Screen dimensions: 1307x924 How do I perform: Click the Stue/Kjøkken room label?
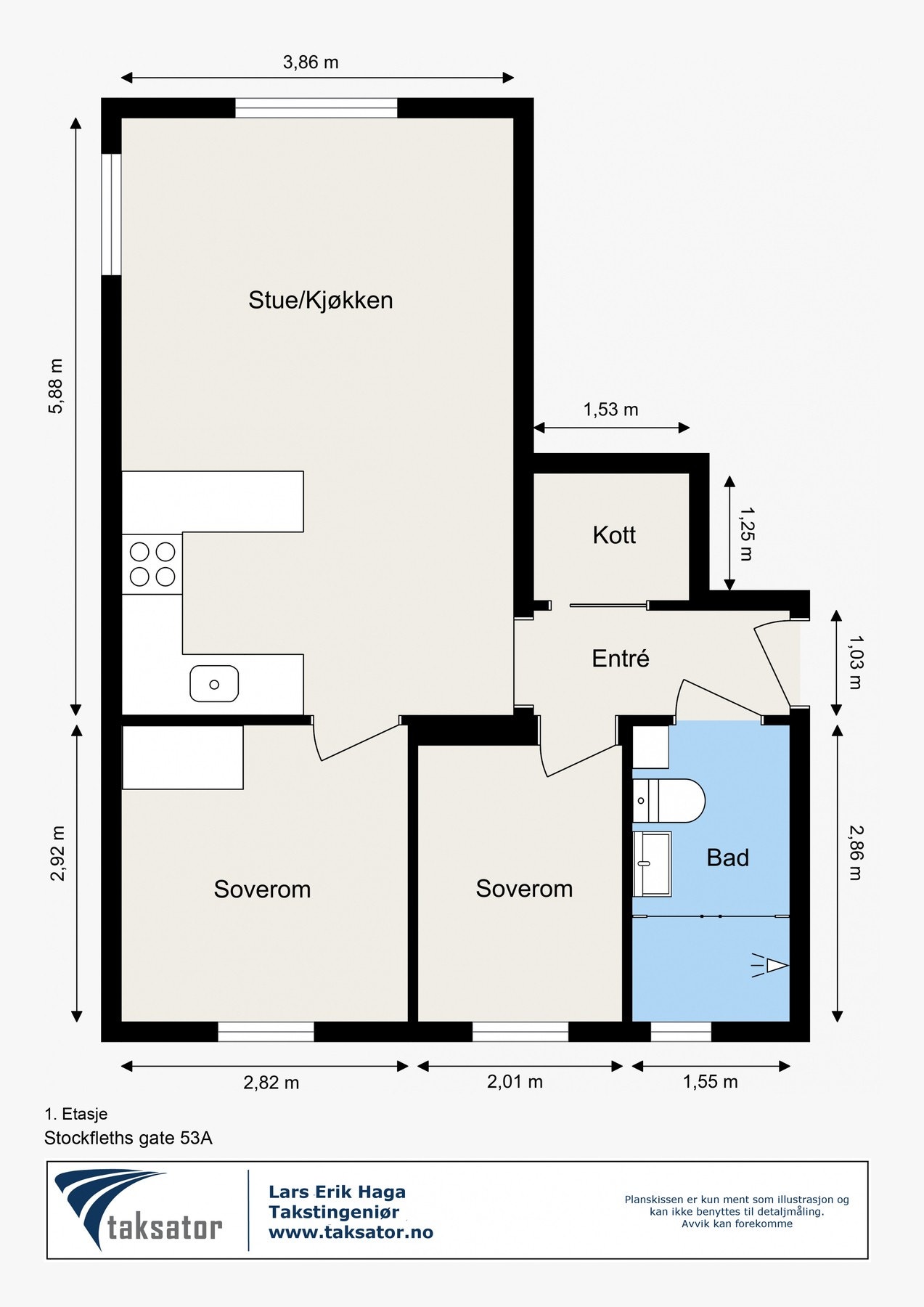[x=320, y=300]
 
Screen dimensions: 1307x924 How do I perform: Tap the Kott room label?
[x=614, y=535]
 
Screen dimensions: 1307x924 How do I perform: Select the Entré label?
[x=620, y=659]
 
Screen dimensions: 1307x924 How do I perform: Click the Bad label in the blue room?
[x=727, y=858]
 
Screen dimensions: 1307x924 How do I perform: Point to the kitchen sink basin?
[x=214, y=684]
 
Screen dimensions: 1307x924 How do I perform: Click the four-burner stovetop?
[x=152, y=564]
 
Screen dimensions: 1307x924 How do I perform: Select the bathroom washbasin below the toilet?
[x=652, y=863]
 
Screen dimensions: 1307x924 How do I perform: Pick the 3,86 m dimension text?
[x=311, y=62]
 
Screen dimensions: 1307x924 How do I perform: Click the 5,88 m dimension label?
[x=56, y=386]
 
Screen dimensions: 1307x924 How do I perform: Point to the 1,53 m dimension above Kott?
[x=610, y=410]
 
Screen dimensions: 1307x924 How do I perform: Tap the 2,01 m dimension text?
[x=515, y=1082]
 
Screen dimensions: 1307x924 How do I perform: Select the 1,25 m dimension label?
[x=746, y=534]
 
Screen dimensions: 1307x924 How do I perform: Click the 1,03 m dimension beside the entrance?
[x=855, y=661]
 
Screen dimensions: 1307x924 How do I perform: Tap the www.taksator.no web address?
[x=351, y=1232]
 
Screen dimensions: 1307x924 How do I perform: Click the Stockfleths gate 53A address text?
[x=128, y=1138]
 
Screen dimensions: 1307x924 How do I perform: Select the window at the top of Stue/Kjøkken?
[x=316, y=108]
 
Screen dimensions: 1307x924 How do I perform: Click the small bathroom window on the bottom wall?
[x=681, y=1032]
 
